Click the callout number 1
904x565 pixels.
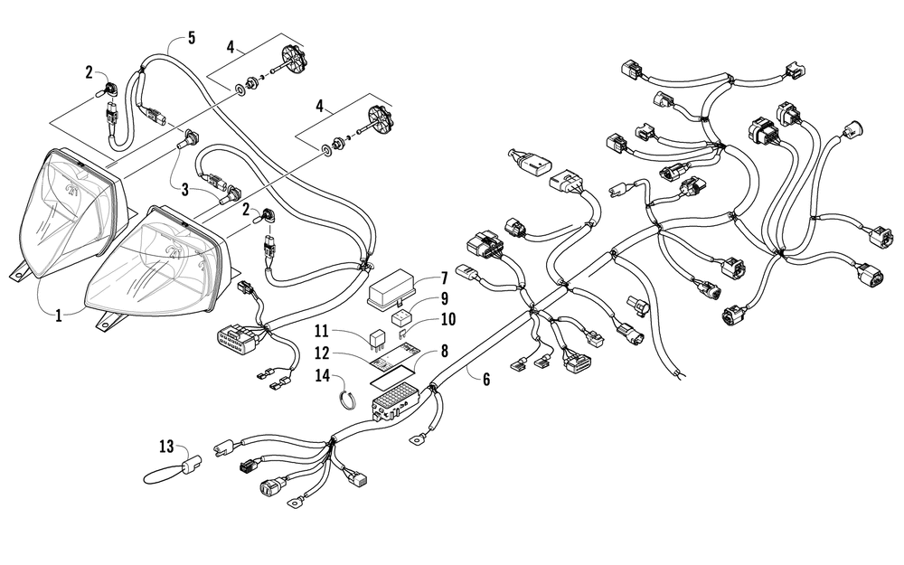pyautogui.click(x=59, y=315)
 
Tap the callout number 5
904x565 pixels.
pyautogui.click(x=192, y=38)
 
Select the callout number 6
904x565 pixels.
pyautogui.click(x=486, y=379)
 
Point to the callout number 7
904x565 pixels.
pyautogui.click(x=444, y=278)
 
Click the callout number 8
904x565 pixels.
pyautogui.click(x=443, y=351)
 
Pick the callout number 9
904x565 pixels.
pyautogui.click(x=444, y=298)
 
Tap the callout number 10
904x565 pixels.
pyautogui.click(x=447, y=319)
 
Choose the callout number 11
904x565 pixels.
pyautogui.click(x=322, y=331)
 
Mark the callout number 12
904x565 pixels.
pyautogui.click(x=322, y=353)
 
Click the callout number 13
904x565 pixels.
pyautogui.click(x=166, y=446)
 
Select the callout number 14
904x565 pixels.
pyautogui.click(x=323, y=375)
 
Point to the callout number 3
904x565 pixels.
pyautogui.click(x=185, y=189)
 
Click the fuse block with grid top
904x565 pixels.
pyautogui.click(x=394, y=402)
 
